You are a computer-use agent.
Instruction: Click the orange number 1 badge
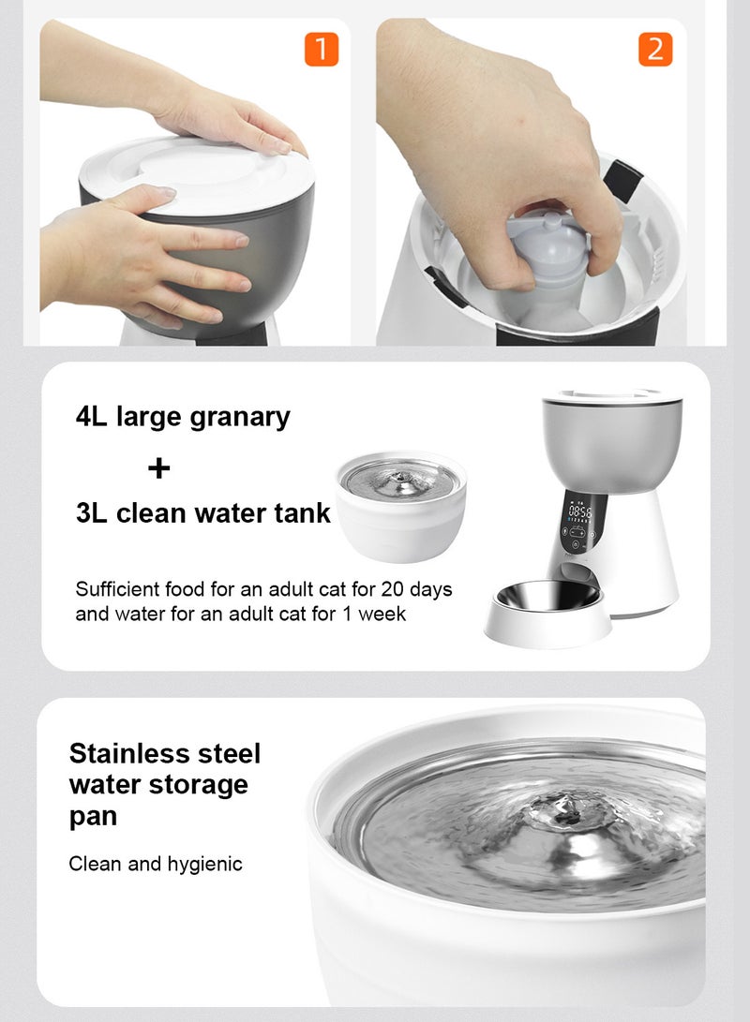pos(321,49)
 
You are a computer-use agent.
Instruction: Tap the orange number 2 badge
pos(655,49)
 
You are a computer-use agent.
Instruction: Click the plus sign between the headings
pos(159,467)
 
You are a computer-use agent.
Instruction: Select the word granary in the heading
pos(240,417)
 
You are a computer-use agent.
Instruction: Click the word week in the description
pos(384,615)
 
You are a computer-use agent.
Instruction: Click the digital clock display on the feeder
pos(579,513)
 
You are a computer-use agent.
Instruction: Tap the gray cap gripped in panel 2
pos(544,248)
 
